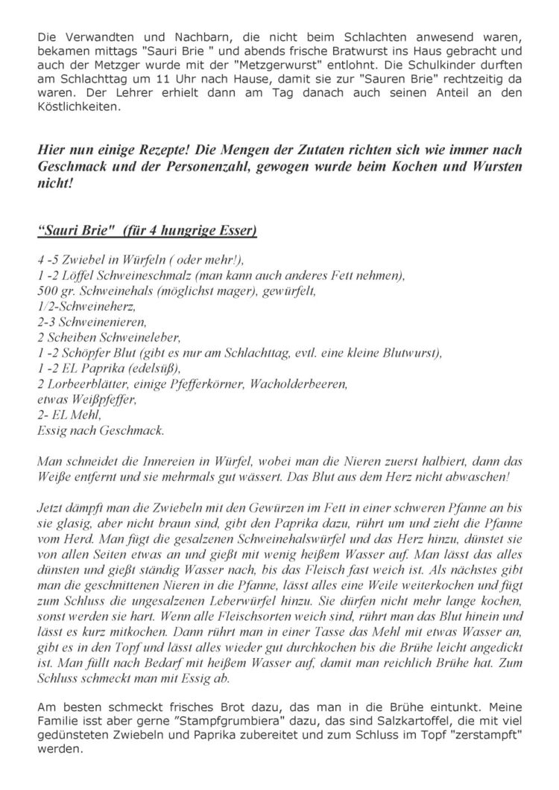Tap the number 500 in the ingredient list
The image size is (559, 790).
46,290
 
